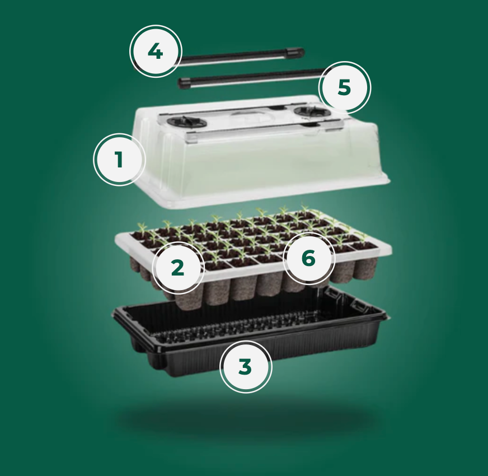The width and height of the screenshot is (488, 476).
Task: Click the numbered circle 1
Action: click(x=119, y=160)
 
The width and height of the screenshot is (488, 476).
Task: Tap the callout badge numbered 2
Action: click(x=178, y=268)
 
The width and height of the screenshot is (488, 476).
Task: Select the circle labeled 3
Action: click(x=246, y=366)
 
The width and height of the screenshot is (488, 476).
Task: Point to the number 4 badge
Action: click(x=156, y=52)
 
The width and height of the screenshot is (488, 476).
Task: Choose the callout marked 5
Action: click(x=345, y=87)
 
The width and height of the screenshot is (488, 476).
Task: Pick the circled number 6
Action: click(x=309, y=258)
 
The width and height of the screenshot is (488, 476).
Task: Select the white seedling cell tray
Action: click(x=253, y=249)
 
